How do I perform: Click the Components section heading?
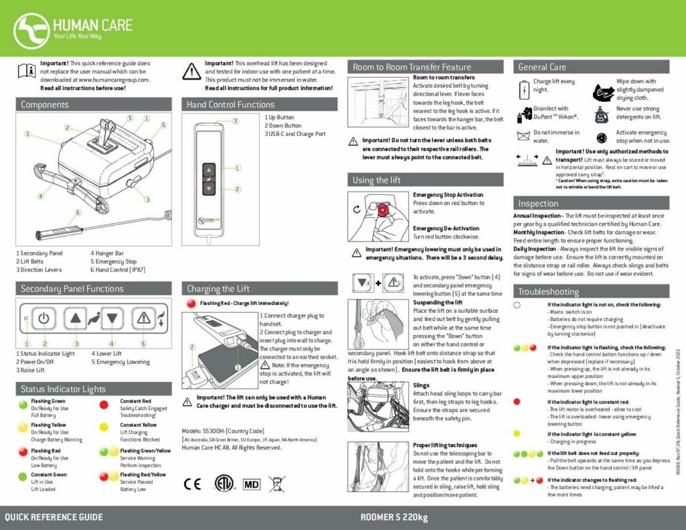click(44, 105)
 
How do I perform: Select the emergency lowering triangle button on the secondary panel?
click(143, 318)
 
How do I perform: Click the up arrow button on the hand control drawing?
click(210, 170)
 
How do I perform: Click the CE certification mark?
click(192, 483)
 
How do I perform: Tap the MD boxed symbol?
click(251, 483)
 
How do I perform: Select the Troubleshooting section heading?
click(548, 291)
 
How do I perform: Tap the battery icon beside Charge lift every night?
click(524, 87)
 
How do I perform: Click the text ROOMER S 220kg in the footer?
click(394, 517)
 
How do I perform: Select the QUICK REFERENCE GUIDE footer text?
click(54, 517)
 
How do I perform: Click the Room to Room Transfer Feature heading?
click(412, 67)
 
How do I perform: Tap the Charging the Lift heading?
click(218, 289)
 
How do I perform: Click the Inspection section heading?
click(538, 203)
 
